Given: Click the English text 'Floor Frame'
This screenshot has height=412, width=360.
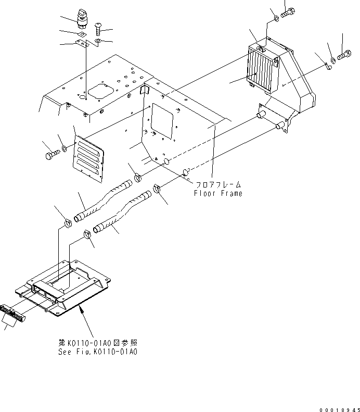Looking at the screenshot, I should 218,193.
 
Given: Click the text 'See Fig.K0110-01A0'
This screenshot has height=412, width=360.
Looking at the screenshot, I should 98,351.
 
